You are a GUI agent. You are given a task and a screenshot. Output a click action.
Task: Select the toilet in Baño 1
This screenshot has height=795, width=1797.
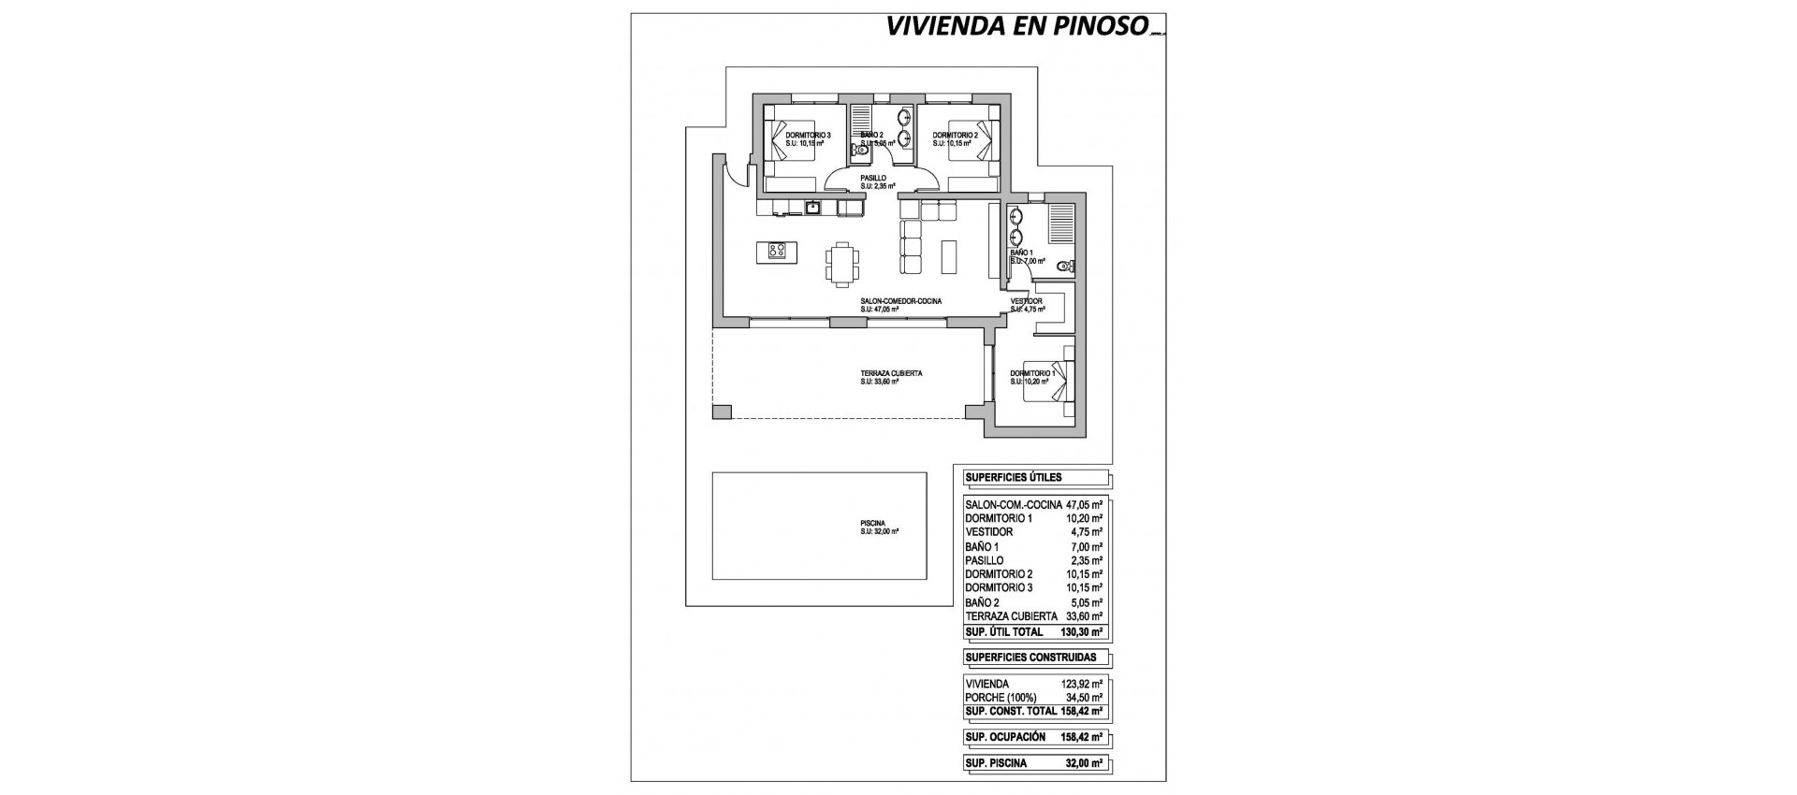pos(1063,267)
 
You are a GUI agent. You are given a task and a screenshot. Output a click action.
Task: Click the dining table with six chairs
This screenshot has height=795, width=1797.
pos(187,263)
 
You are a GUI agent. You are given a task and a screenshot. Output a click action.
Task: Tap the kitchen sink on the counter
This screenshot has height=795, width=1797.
pos(159,207)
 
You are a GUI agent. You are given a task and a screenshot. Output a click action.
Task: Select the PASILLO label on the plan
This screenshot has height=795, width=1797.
pos(218,177)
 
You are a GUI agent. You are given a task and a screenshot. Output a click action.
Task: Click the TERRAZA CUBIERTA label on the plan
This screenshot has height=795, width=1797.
pos(236,373)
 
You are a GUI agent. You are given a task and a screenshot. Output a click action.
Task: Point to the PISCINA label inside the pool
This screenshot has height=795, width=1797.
pos(217,524)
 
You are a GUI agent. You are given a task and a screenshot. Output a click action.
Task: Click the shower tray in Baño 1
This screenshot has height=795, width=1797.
pos(1060,225)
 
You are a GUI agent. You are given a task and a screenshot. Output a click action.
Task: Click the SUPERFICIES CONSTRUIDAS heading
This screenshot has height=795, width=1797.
pos(1030,658)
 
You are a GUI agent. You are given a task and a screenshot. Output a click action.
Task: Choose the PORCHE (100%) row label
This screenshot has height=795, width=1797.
pos(999,698)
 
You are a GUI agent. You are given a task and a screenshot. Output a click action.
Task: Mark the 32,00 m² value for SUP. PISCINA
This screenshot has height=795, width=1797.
pos(1086,763)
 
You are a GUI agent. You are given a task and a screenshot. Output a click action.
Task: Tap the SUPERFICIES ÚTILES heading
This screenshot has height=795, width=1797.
pos(1013,478)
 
